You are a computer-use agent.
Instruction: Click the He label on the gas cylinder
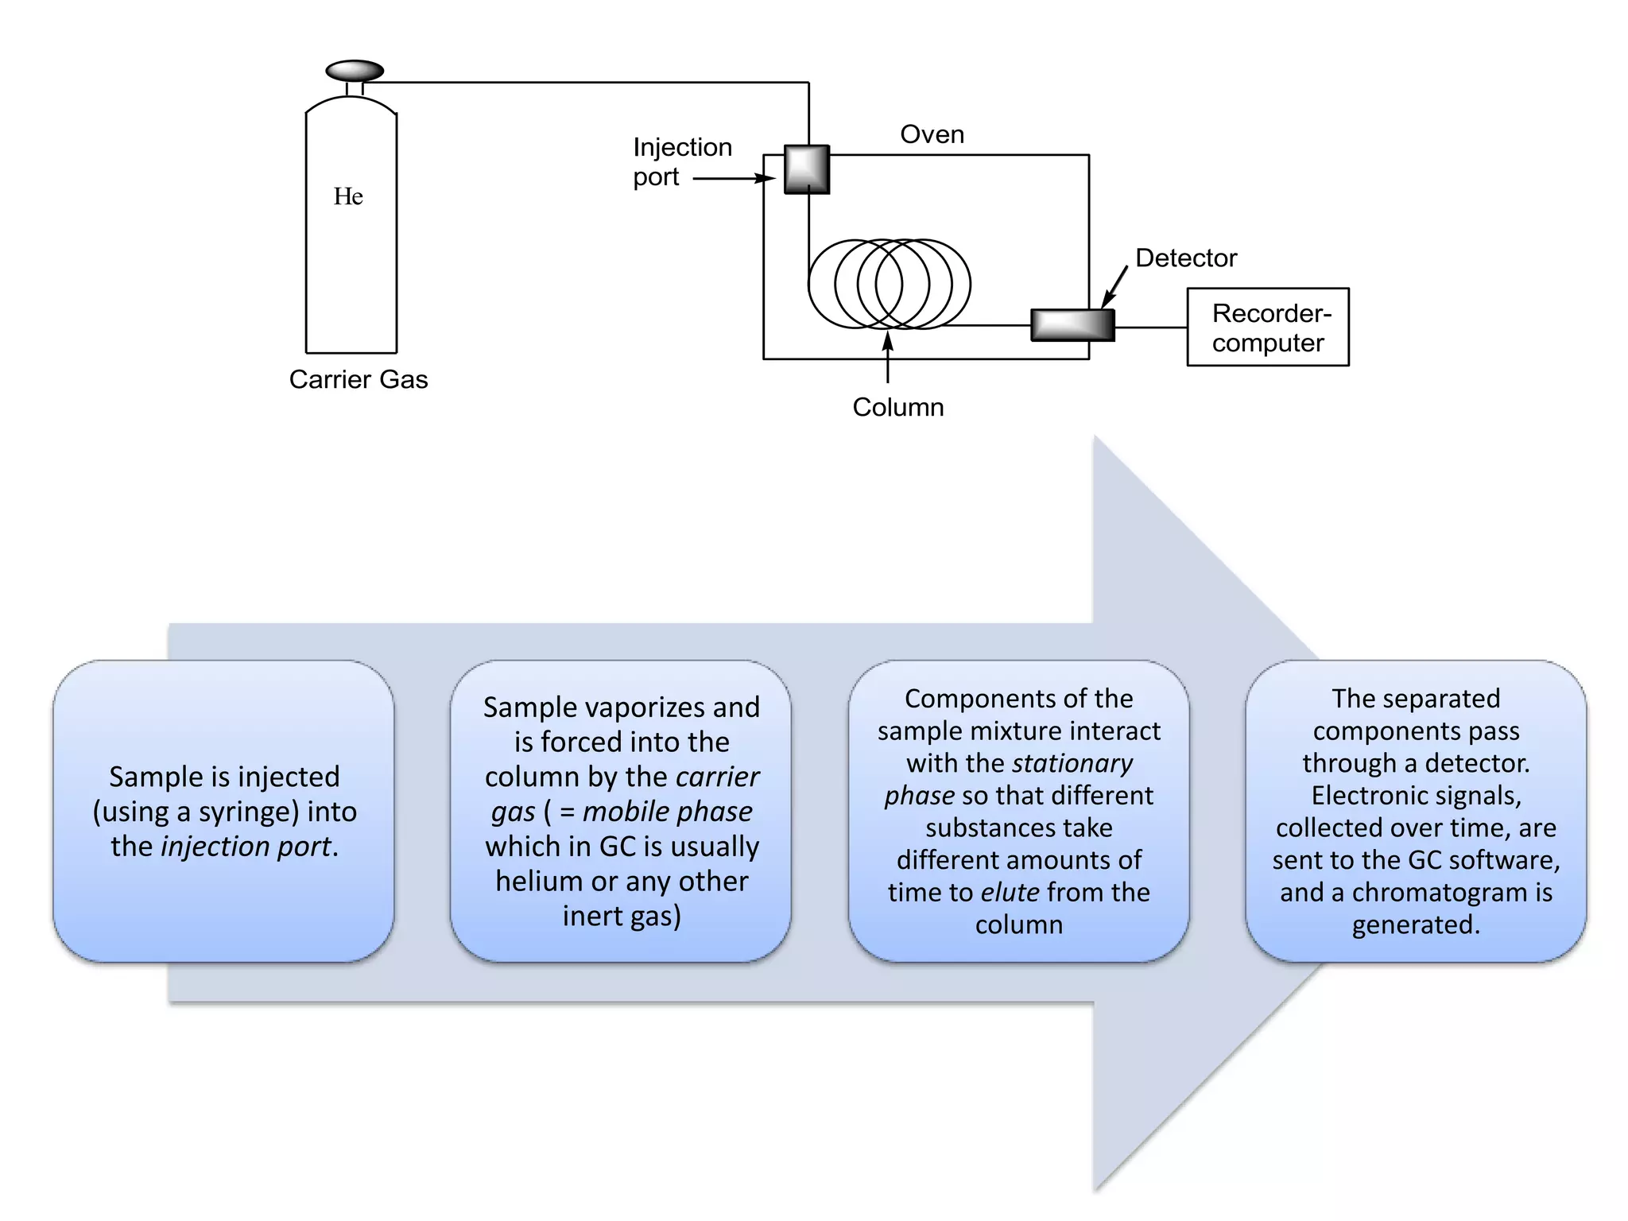tap(348, 196)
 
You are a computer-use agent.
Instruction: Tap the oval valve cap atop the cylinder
tap(355, 71)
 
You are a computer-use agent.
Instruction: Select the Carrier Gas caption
tap(358, 379)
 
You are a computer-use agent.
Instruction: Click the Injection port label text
tap(681, 161)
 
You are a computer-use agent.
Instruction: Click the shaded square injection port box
tap(807, 169)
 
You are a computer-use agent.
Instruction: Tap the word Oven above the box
tap(932, 134)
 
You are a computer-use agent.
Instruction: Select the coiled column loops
tap(889, 284)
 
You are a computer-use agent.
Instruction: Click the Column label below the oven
tap(897, 407)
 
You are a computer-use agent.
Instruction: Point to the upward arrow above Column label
tap(888, 358)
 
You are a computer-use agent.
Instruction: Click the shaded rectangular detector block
tap(1072, 324)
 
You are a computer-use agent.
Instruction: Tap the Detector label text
tap(1185, 258)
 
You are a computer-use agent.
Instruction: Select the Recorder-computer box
tap(1267, 327)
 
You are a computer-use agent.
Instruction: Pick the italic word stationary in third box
tap(1072, 763)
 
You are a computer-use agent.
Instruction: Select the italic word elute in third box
tap(1010, 893)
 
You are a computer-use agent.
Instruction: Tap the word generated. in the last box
tap(1416, 924)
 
